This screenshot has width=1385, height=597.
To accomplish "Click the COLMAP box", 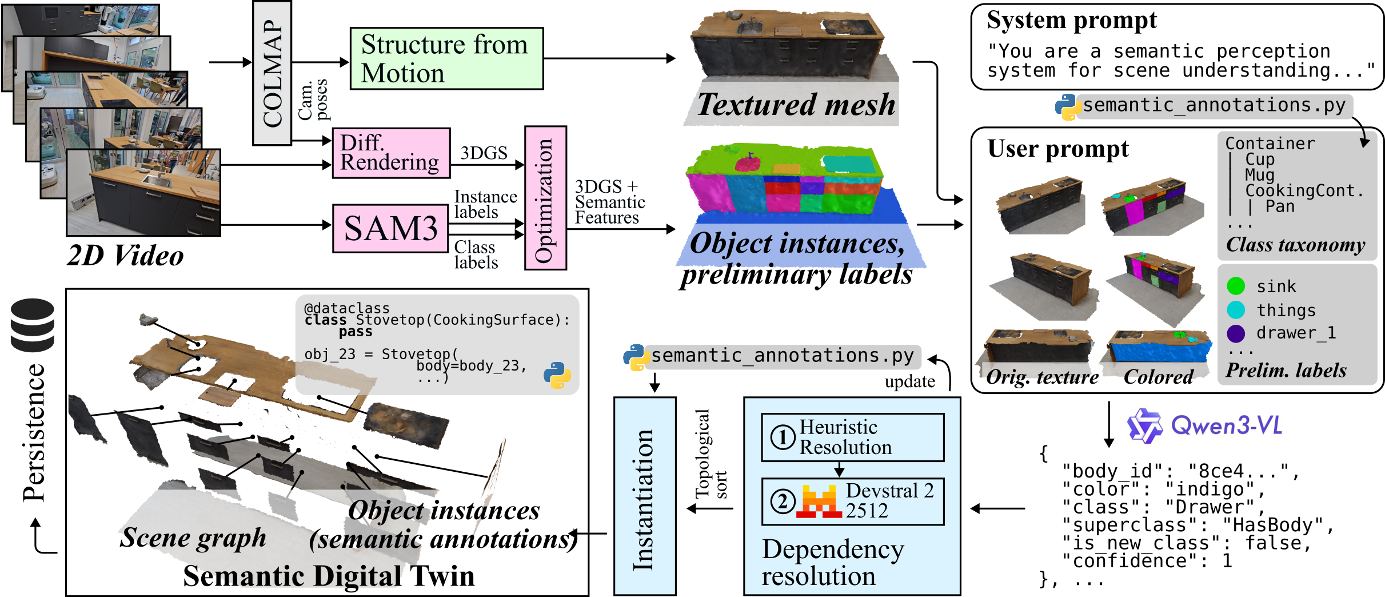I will pos(272,73).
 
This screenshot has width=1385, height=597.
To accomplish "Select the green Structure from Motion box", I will pos(446,58).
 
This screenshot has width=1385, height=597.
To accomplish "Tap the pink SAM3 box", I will pos(390,228).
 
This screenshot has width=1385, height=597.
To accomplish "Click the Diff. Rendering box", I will pos(391,153).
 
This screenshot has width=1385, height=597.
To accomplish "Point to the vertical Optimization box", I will pos(545,198).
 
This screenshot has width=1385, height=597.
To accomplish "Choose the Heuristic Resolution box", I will pos(852,437).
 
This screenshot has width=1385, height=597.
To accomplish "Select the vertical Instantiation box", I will pos(644,496).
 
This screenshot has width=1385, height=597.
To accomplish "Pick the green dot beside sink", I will pos(1235,286).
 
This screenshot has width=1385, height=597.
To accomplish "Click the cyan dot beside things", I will pos(1235,310).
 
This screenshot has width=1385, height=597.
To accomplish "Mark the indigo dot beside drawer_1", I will pos(1235,333).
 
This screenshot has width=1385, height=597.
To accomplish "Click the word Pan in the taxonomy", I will pos(1279,206).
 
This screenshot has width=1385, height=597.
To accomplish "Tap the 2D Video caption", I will pos(126,256).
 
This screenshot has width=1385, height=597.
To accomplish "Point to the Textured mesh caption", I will pos(796,105).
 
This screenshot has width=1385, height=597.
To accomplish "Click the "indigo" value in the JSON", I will pos(1213,489).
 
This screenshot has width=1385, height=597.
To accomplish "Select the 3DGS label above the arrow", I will pos(484,153).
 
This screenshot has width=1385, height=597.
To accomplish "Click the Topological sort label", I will pos(711,454).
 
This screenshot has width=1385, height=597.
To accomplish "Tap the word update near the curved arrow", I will pos(909,382).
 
